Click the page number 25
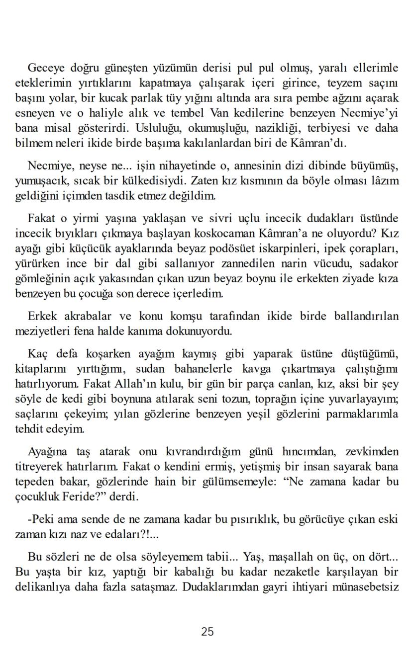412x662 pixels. (x=207, y=632)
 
